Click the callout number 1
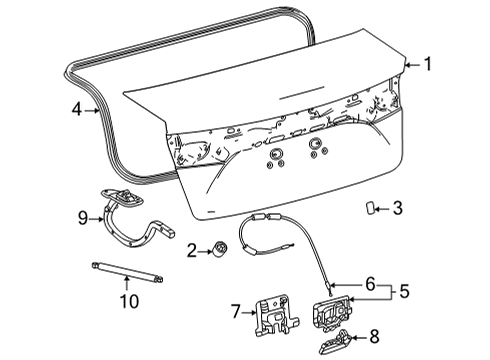(427, 66)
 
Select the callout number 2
(191, 250)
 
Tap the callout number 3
(397, 208)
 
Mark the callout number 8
(374, 338)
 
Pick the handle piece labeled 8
(337, 340)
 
